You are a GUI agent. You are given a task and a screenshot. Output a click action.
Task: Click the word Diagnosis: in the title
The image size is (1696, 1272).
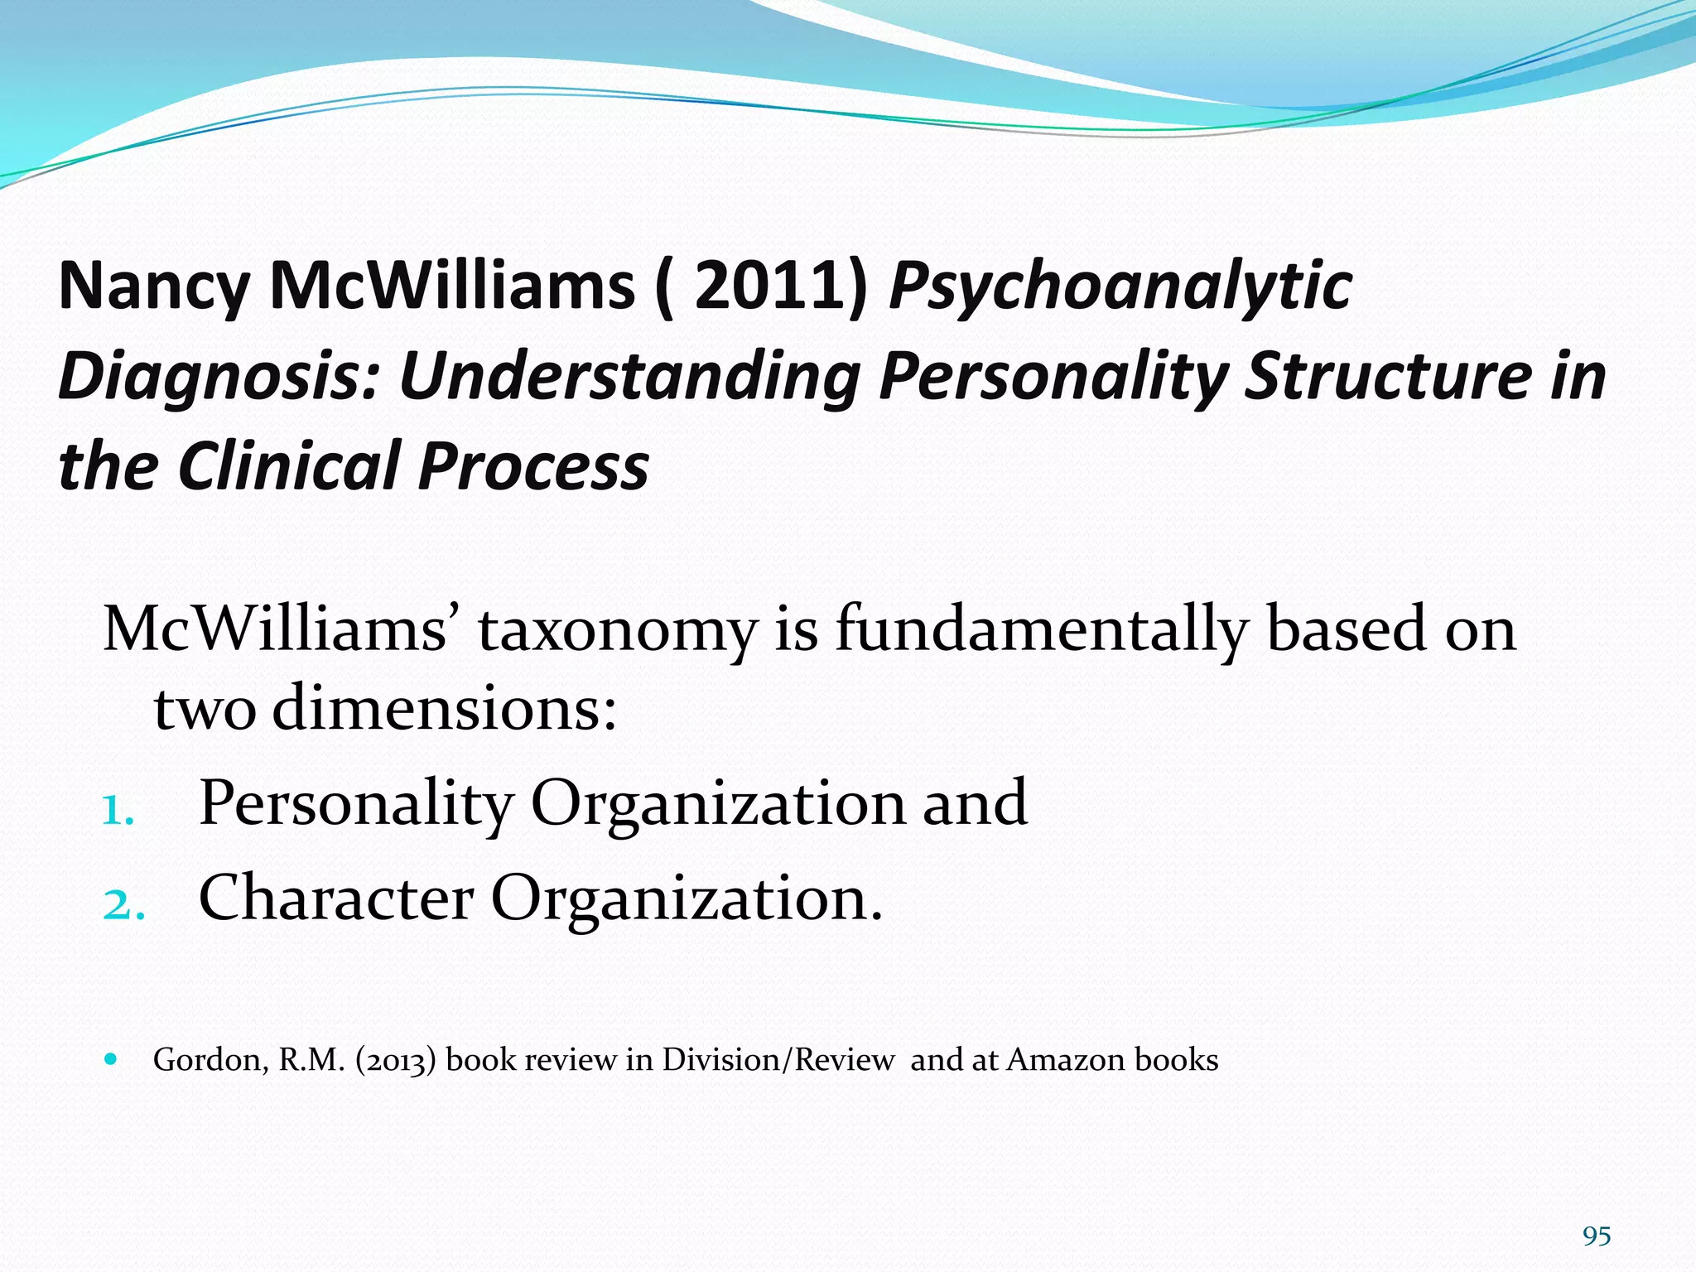point(219,378)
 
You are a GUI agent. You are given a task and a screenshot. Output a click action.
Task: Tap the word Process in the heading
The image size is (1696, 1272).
point(533,465)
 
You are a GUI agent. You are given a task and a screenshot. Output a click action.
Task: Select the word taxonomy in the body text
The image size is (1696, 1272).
point(618,629)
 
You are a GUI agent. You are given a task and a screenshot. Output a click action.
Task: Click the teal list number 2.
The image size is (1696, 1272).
point(123,903)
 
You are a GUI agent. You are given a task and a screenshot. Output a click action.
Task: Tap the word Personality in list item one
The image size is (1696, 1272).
point(357,803)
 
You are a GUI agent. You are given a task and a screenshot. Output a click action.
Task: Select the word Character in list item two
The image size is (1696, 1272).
point(336,898)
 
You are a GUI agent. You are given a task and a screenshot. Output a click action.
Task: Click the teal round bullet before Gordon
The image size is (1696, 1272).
point(112,1059)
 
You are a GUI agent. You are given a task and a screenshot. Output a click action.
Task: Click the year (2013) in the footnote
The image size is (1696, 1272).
point(396,1061)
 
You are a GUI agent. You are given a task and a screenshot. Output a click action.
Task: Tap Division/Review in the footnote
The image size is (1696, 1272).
point(778,1060)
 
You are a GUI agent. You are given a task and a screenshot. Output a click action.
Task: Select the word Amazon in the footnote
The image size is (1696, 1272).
point(1066,1060)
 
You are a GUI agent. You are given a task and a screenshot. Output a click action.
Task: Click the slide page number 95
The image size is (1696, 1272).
point(1596,1236)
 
